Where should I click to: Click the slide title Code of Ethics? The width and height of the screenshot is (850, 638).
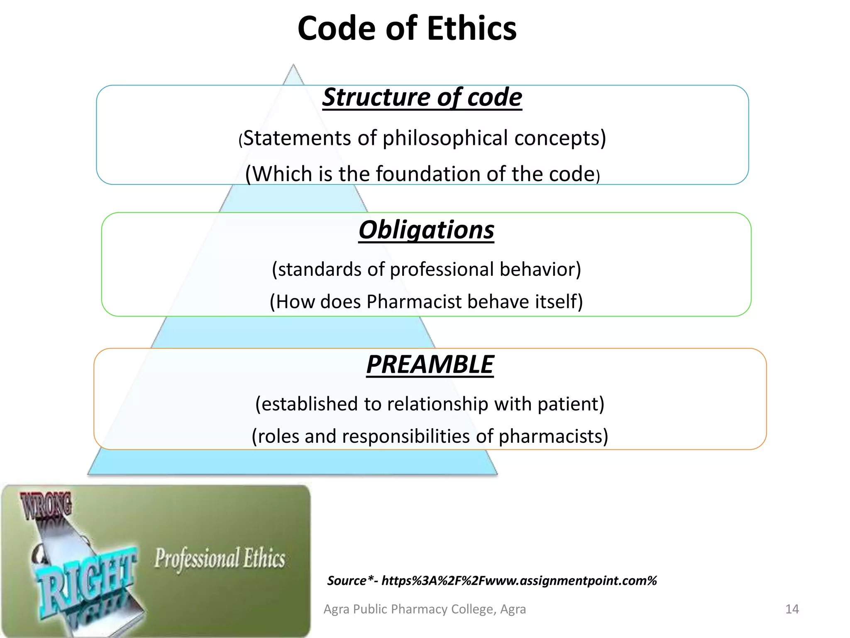(407, 28)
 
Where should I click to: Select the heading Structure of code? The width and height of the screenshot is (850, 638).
(422, 97)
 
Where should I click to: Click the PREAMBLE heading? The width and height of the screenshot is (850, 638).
(430, 364)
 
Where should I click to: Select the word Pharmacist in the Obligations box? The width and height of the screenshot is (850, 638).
(414, 302)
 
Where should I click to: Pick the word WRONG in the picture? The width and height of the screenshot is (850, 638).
(46, 506)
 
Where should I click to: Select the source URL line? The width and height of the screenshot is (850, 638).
(492, 581)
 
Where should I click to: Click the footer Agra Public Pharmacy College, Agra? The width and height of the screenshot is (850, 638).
(425, 609)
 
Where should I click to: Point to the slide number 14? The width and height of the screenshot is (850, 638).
(792, 609)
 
